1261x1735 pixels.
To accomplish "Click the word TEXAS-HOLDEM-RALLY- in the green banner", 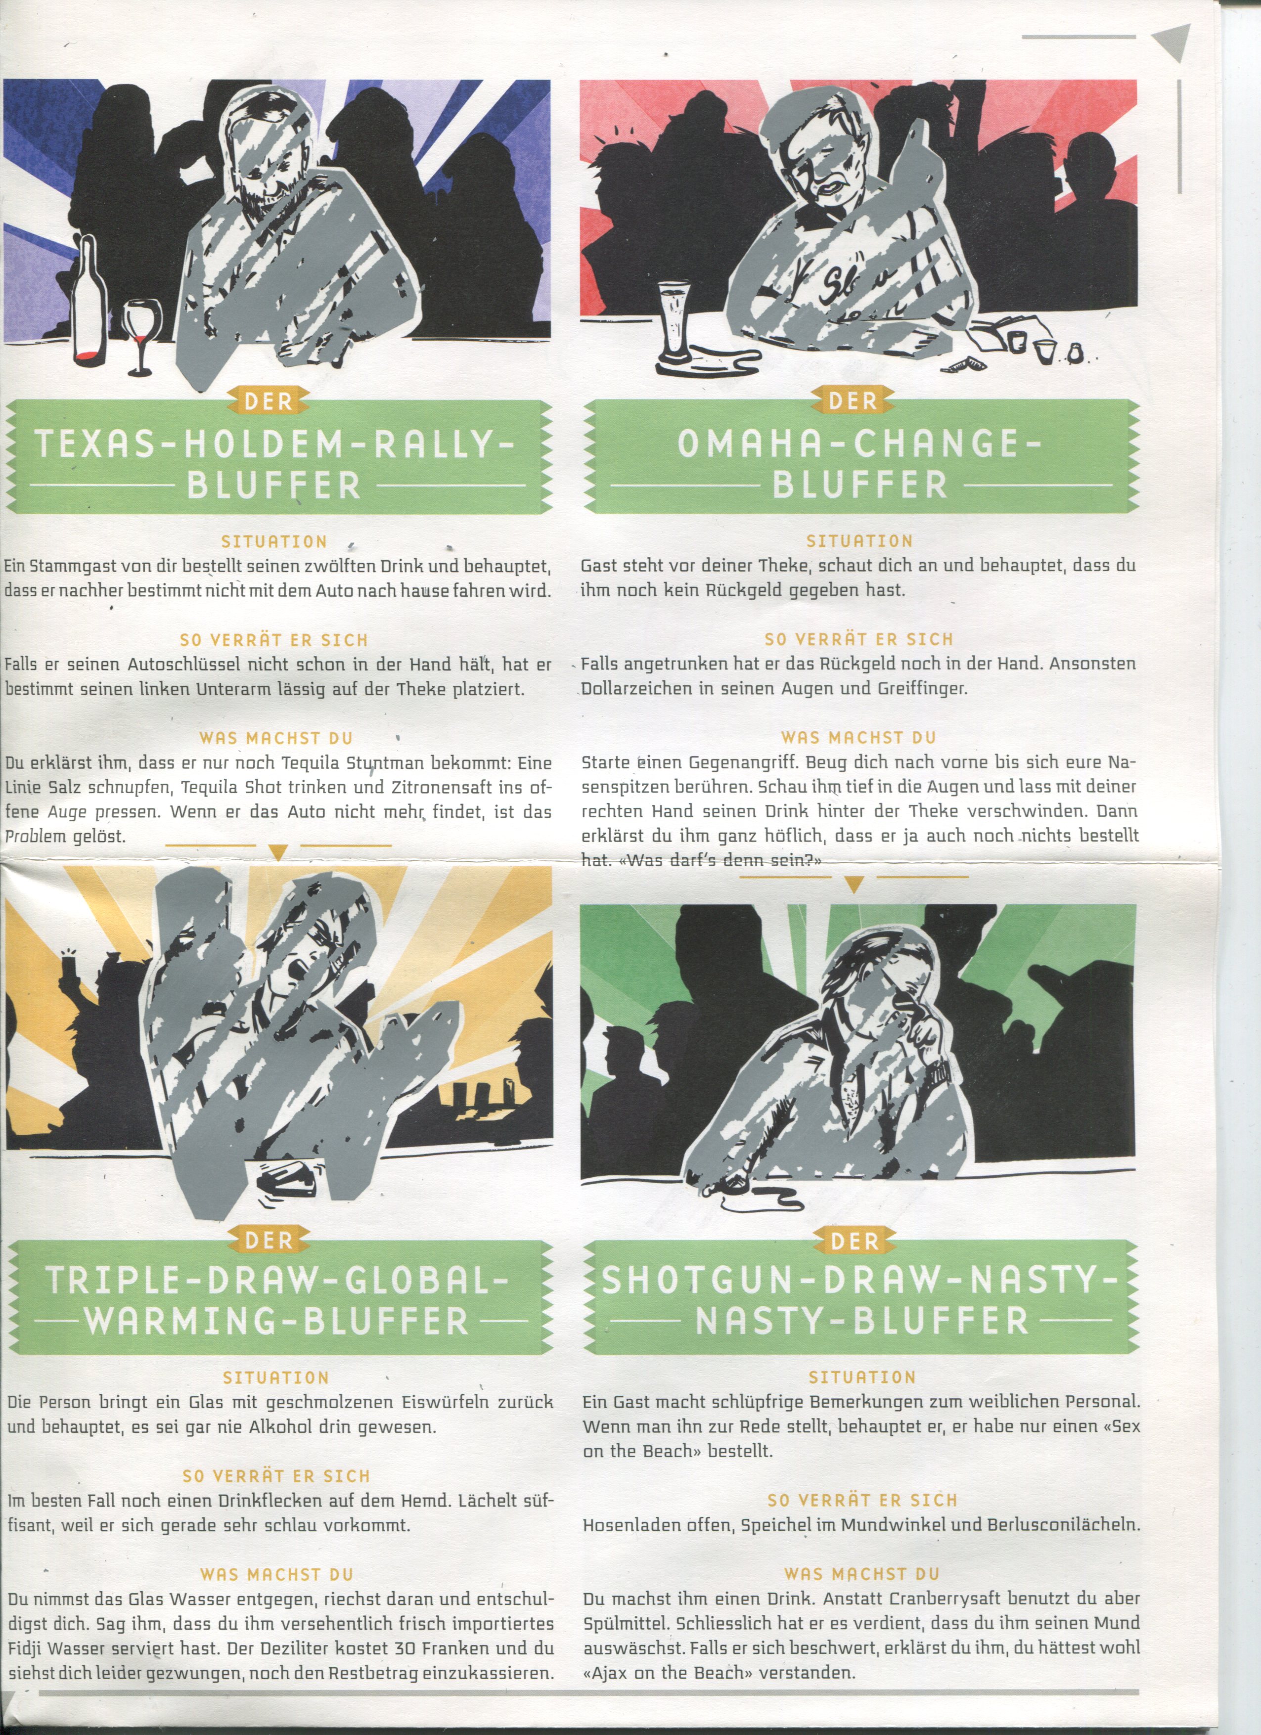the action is [x=272, y=445].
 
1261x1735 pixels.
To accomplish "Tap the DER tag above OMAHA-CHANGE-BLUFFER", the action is [x=853, y=401].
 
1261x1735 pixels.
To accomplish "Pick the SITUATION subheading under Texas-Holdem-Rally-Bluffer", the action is [x=274, y=541].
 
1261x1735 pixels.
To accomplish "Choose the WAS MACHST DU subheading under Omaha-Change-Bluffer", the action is [x=858, y=738].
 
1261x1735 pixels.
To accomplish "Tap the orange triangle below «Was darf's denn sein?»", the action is [x=854, y=885].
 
